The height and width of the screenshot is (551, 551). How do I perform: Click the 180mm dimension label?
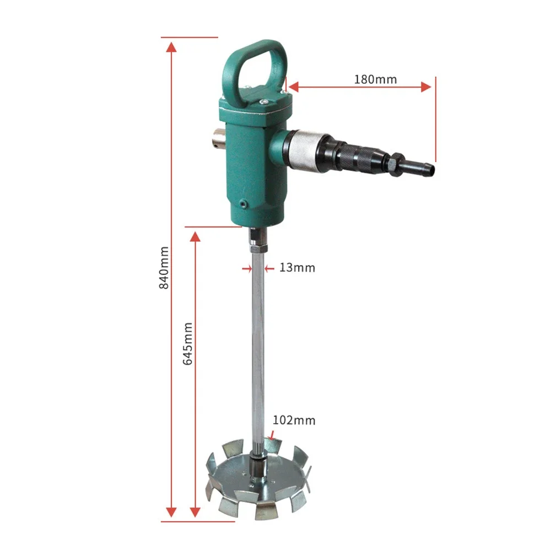375,79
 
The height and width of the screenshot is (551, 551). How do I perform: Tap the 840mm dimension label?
164,268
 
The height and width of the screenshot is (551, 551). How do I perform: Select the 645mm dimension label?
188,344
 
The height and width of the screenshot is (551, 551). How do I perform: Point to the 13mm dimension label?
298,268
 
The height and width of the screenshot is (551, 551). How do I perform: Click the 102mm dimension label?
294,420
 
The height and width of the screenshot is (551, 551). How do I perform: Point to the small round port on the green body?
243,203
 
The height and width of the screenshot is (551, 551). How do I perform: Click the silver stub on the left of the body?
219,139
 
